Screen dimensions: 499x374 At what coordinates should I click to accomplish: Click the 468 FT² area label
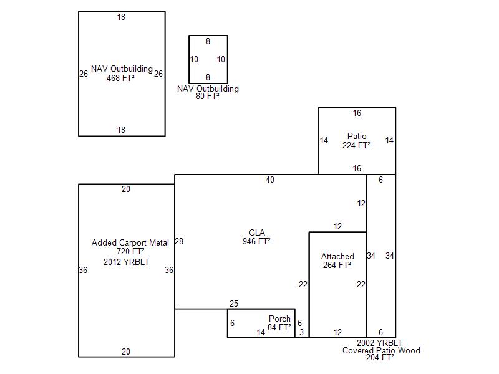[120, 78]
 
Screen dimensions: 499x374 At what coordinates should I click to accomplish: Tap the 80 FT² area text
[208, 96]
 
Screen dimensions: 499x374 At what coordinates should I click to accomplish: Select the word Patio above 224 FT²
[357, 136]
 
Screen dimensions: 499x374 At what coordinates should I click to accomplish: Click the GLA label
[257, 233]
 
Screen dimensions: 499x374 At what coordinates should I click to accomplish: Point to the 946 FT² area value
[256, 241]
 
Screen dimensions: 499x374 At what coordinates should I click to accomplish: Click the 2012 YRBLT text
[127, 262]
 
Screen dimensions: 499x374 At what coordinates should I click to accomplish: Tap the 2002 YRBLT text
[379, 343]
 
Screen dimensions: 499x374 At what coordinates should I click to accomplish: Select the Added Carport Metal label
[130, 242]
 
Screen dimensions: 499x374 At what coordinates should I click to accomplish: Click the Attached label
[337, 256]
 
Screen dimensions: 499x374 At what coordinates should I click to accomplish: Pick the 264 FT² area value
[337, 265]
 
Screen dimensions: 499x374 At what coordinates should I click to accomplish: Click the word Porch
[279, 319]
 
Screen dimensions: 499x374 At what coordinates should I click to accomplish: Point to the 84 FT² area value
[279, 327]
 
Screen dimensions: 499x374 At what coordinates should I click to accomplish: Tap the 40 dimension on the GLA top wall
[270, 180]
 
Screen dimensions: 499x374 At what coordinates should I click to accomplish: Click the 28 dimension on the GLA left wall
[179, 241]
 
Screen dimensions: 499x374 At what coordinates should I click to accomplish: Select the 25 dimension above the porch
[233, 304]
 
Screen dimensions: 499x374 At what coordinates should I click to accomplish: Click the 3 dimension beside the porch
[302, 332]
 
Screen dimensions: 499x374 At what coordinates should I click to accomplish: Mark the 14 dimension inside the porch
[261, 332]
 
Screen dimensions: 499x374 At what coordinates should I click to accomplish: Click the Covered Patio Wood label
[381, 350]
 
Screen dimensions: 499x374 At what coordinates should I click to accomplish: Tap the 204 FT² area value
[380, 357]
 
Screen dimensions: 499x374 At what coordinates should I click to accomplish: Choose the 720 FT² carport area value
[130, 251]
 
